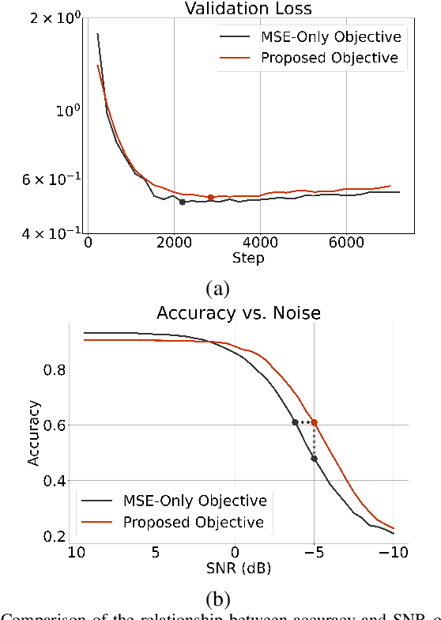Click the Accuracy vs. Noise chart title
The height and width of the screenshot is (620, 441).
[x=239, y=313]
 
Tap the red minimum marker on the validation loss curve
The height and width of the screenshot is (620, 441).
[x=210, y=198]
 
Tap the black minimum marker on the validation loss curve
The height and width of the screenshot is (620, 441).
[x=182, y=202]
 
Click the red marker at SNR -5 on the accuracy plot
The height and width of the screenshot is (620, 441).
[x=315, y=422]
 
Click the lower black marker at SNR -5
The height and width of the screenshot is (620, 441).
[x=315, y=459]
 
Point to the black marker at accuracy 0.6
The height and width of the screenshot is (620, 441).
[x=295, y=422]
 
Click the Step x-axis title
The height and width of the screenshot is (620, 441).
[x=248, y=259]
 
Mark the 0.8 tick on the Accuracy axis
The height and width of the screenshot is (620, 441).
[x=58, y=369]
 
